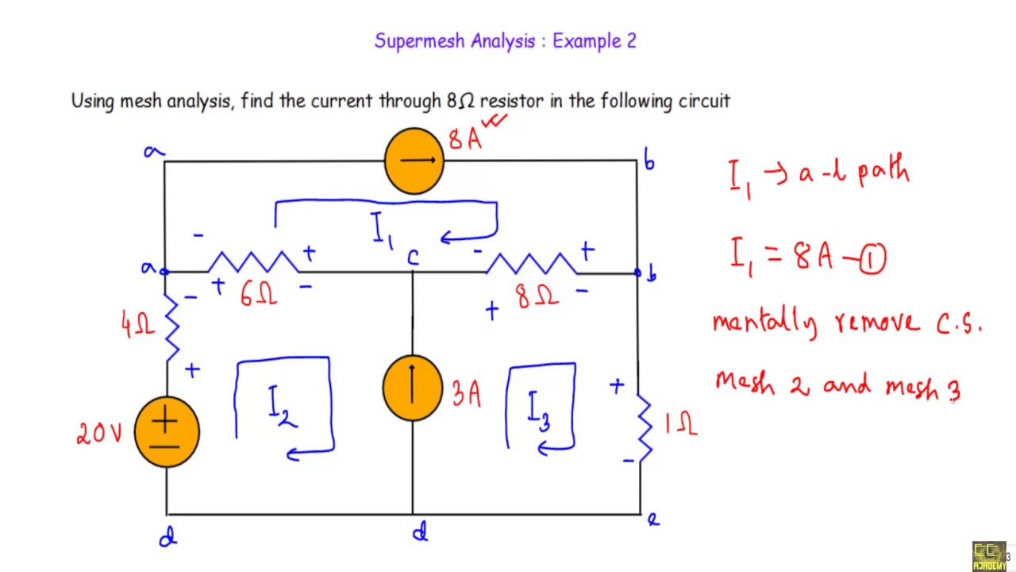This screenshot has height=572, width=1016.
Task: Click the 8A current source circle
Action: point(414,161)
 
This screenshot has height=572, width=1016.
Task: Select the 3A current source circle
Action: point(413,388)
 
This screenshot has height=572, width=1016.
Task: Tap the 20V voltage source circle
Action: point(167,431)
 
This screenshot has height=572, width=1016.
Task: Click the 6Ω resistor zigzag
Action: point(252,263)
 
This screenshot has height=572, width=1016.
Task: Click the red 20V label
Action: point(99,433)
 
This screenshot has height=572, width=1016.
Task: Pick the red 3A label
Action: point(466,394)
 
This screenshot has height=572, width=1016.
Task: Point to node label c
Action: point(413,257)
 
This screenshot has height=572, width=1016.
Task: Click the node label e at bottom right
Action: point(652,520)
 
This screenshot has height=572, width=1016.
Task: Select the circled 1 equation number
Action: point(872,259)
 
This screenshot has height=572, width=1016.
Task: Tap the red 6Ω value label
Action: point(259,295)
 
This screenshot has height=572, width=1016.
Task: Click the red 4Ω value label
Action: point(137,323)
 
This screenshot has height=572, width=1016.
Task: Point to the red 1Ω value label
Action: point(681,426)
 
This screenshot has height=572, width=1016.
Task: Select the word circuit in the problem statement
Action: point(704,101)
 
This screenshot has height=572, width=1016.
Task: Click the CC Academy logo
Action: point(989,555)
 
